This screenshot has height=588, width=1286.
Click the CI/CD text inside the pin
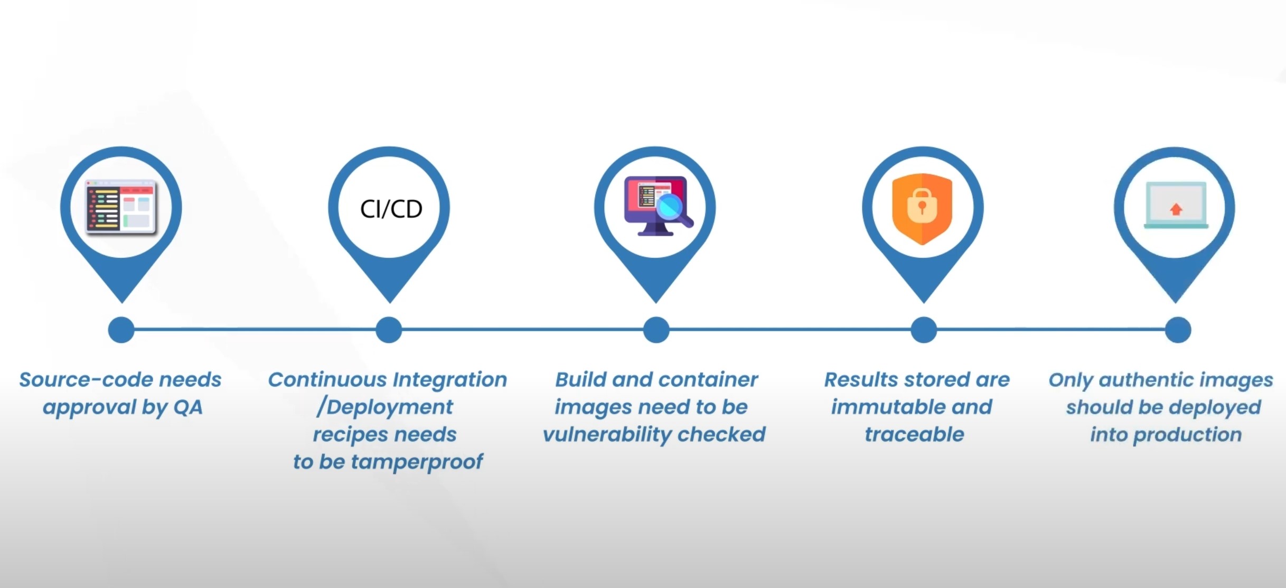tap(391, 209)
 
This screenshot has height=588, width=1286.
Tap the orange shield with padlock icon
tap(922, 209)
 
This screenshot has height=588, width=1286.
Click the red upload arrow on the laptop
tap(1176, 209)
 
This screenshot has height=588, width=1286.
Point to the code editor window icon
tap(121, 207)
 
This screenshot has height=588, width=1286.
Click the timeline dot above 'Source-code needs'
tap(121, 330)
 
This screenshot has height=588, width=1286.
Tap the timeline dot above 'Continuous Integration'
tap(389, 330)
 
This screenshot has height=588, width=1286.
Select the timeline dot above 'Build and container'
tap(656, 330)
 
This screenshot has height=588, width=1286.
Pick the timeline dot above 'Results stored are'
tap(924, 330)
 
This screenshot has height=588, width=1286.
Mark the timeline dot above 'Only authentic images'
tap(1178, 330)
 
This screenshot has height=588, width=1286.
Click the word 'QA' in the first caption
tap(187, 407)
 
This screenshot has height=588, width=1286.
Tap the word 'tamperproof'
tap(417, 462)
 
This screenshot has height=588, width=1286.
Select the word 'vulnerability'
tap(607, 435)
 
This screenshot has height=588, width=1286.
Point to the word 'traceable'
tap(914, 435)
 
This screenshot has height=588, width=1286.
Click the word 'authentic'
tap(1149, 380)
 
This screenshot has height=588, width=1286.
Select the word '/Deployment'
tap(384, 407)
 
